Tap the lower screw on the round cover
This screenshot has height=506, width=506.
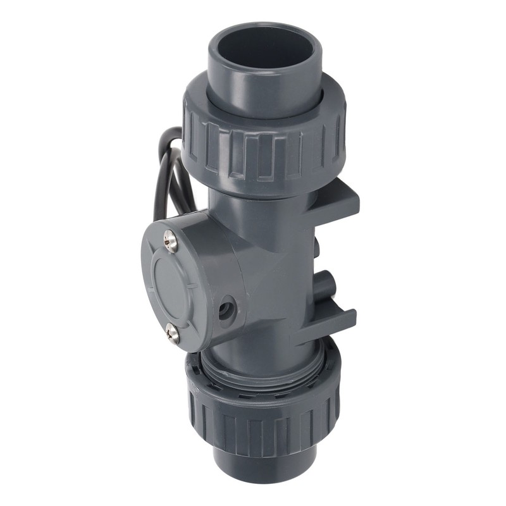tap(171, 332)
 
